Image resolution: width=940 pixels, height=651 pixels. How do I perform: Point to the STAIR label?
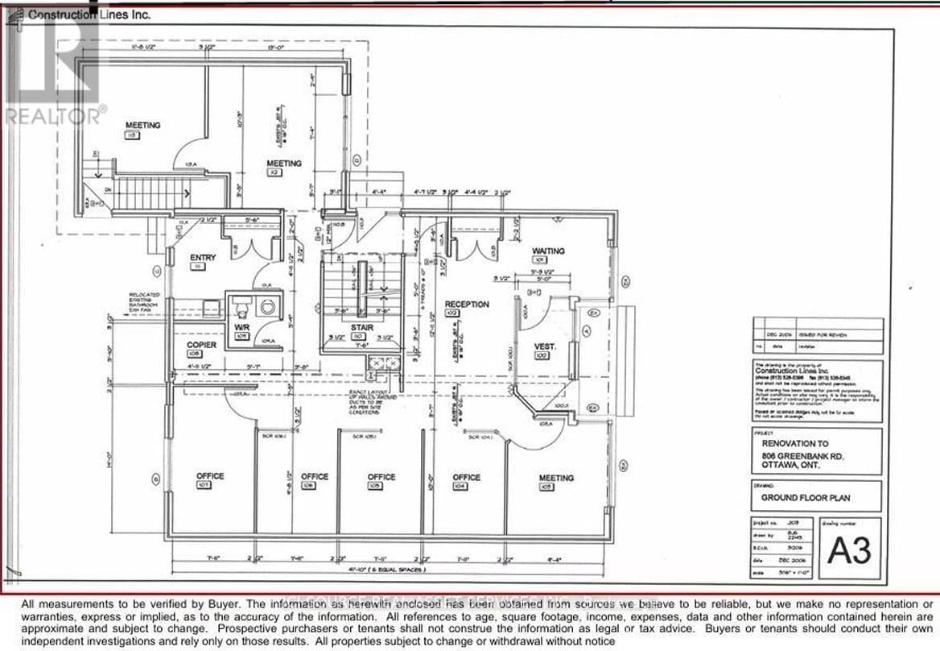[360, 328]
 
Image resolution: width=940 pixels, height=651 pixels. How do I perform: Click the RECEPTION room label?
[467, 305]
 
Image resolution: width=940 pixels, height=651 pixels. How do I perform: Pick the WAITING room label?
[548, 251]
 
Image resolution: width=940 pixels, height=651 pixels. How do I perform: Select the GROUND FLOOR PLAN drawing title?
[806, 498]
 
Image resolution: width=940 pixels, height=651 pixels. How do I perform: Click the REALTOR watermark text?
[54, 115]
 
